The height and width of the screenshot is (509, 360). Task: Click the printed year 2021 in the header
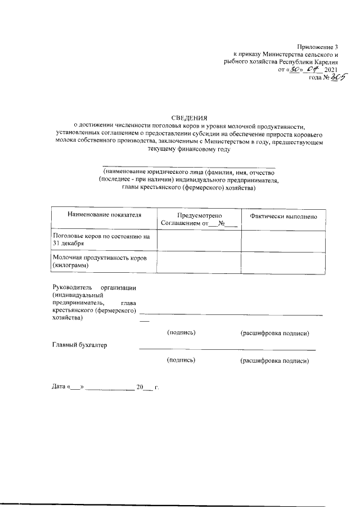(x=332, y=70)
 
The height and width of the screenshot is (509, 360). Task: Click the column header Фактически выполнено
(x=283, y=217)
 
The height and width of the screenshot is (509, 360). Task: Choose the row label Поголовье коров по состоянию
(x=101, y=236)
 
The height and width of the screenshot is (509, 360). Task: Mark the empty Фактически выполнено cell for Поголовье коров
(x=283, y=240)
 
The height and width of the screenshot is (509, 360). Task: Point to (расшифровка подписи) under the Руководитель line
(x=274, y=333)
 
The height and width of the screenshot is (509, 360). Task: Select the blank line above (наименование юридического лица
(x=189, y=165)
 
